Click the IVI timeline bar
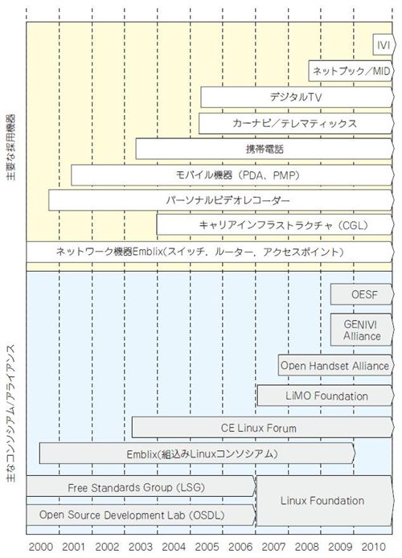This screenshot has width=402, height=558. point(384,44)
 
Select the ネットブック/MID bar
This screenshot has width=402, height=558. point(351,71)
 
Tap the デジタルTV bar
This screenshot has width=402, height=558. point(297,96)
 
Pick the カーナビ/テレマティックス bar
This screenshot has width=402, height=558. point(297,123)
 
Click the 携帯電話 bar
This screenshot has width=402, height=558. point(265,149)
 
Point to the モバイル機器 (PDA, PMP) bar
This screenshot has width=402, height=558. point(232,174)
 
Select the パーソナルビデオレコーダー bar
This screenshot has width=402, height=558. point(221,200)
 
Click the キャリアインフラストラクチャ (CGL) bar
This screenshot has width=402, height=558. point(275,224)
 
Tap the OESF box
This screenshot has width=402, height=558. point(362,294)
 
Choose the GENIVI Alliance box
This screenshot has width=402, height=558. point(362,330)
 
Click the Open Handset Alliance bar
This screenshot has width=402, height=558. point(336,365)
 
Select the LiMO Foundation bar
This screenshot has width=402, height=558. point(326,396)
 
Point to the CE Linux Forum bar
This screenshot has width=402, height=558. point(263,428)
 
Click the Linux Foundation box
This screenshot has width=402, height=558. point(325,501)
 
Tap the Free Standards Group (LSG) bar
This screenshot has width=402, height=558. point(141,486)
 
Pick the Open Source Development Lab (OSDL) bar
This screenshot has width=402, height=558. point(141,515)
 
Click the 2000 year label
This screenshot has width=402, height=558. point(40,547)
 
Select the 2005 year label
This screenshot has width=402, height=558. point(207,547)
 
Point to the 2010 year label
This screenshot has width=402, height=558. point(373,547)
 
